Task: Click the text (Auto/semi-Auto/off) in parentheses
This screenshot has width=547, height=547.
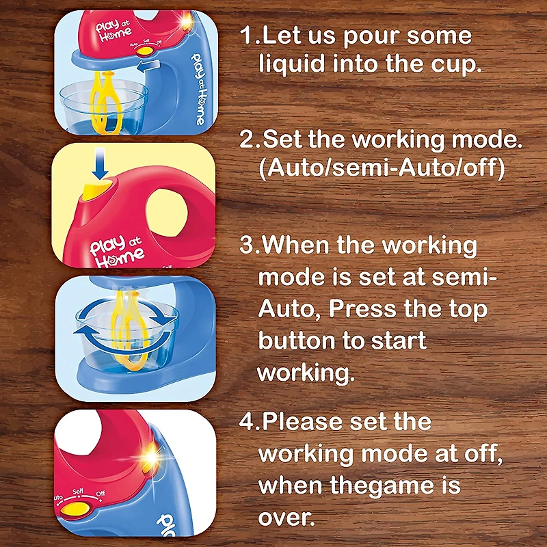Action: point(382,168)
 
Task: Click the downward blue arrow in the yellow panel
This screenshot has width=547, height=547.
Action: point(100,163)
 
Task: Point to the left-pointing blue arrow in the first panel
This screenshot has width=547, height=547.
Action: point(148,65)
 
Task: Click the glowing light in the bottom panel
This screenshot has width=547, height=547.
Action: point(151,456)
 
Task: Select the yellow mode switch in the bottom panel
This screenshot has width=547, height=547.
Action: point(75,509)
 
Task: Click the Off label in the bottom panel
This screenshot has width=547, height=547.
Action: point(100,494)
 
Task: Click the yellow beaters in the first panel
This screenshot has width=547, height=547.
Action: point(106,103)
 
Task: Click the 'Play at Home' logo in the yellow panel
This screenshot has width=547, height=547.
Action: point(116,251)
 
